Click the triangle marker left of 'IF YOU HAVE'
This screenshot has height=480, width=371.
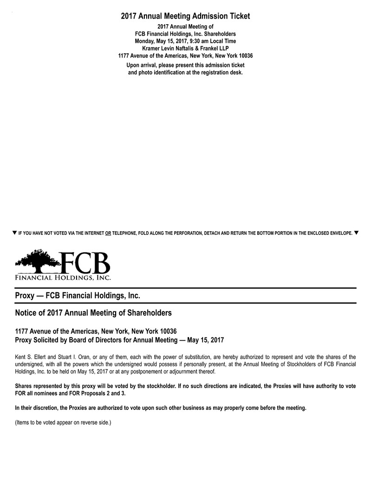(14, 232)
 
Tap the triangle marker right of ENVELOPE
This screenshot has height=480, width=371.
(356, 232)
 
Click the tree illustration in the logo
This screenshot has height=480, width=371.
(39, 261)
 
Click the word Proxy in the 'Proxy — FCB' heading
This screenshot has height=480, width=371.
(25, 296)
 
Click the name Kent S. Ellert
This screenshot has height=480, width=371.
(33, 357)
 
